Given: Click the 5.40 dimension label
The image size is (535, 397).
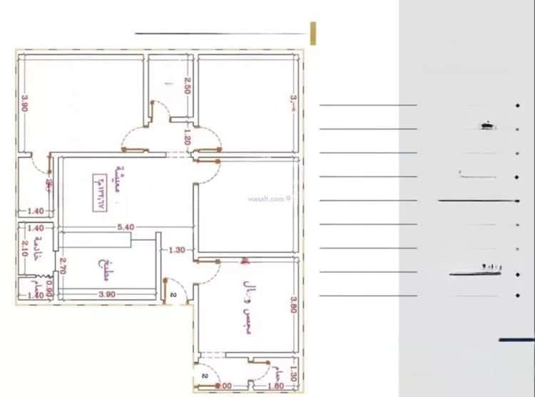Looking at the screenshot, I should point(126,227).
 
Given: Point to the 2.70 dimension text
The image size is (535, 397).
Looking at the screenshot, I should point(63,266).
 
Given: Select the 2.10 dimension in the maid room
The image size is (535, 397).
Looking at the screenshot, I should point(24,250).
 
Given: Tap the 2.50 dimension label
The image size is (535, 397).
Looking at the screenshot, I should point(186,86).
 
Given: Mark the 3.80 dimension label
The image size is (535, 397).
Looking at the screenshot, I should point(292,306).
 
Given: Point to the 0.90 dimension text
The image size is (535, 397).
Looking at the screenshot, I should point(49,289).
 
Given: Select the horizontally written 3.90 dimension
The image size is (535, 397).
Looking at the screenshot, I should point(107,294).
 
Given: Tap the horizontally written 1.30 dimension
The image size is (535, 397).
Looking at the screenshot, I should point(177,250).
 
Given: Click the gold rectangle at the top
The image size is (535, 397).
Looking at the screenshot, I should point(313,34).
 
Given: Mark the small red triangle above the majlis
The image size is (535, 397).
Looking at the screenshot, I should point(245,262).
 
